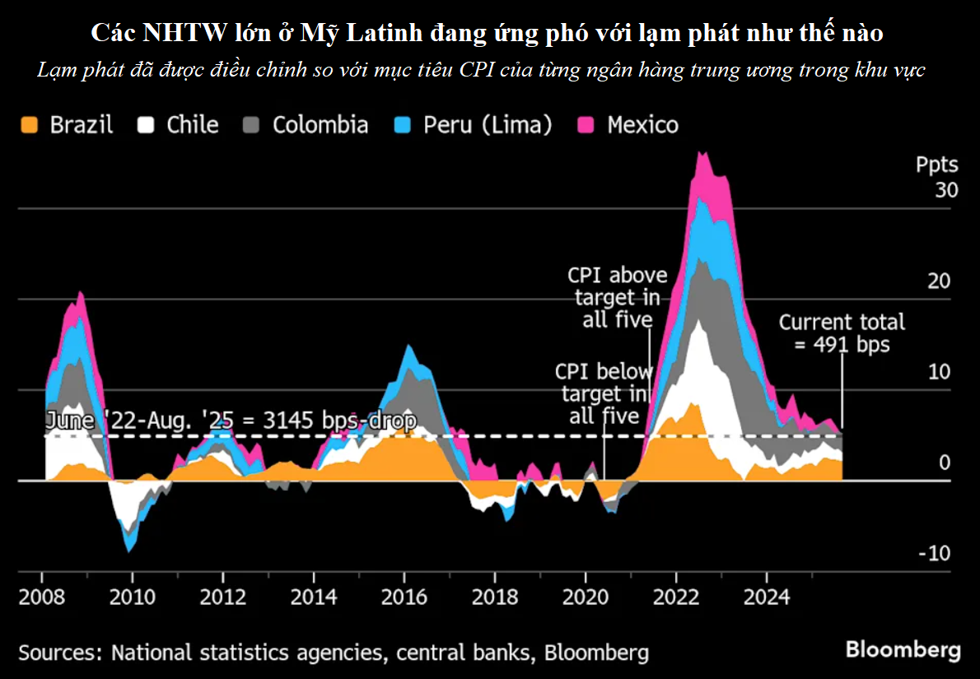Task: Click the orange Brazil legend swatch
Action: [x=29, y=125]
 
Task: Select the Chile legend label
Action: [x=192, y=125]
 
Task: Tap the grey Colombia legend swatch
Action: [x=252, y=125]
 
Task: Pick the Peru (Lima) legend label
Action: [x=488, y=125]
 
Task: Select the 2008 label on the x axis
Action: [x=41, y=595]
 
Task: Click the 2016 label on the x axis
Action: [x=404, y=595]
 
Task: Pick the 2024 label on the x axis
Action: [x=766, y=595]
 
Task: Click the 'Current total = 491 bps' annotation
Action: [x=842, y=333]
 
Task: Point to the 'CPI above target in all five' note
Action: [x=617, y=297]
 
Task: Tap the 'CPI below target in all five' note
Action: [x=604, y=393]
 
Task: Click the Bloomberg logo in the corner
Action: [x=903, y=649]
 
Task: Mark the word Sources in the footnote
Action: [x=57, y=653]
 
